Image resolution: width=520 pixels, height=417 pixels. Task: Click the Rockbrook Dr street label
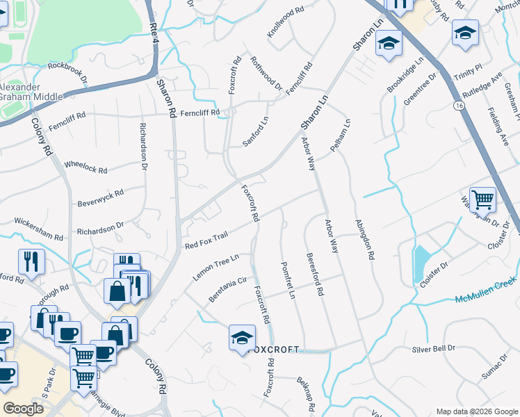pyautogui.click(x=68, y=73)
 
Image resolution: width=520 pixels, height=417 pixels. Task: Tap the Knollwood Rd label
pyautogui.click(x=286, y=22)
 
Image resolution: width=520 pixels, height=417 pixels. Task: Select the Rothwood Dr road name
pyautogui.click(x=266, y=75)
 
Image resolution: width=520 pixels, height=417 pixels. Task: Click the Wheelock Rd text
pyautogui.click(x=86, y=167)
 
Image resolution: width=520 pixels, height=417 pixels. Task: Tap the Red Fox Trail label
pyautogui.click(x=206, y=240)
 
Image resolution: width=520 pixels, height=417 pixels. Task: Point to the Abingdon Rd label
pyautogui.click(x=365, y=240)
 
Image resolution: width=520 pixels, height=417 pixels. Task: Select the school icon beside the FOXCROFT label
pyautogui.click(x=241, y=338)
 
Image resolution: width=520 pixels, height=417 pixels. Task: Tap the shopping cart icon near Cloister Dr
pyautogui.click(x=482, y=199)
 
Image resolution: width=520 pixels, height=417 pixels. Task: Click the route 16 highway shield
pyautogui.click(x=457, y=105)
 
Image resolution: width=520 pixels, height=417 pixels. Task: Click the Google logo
pyautogui.click(x=23, y=409)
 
